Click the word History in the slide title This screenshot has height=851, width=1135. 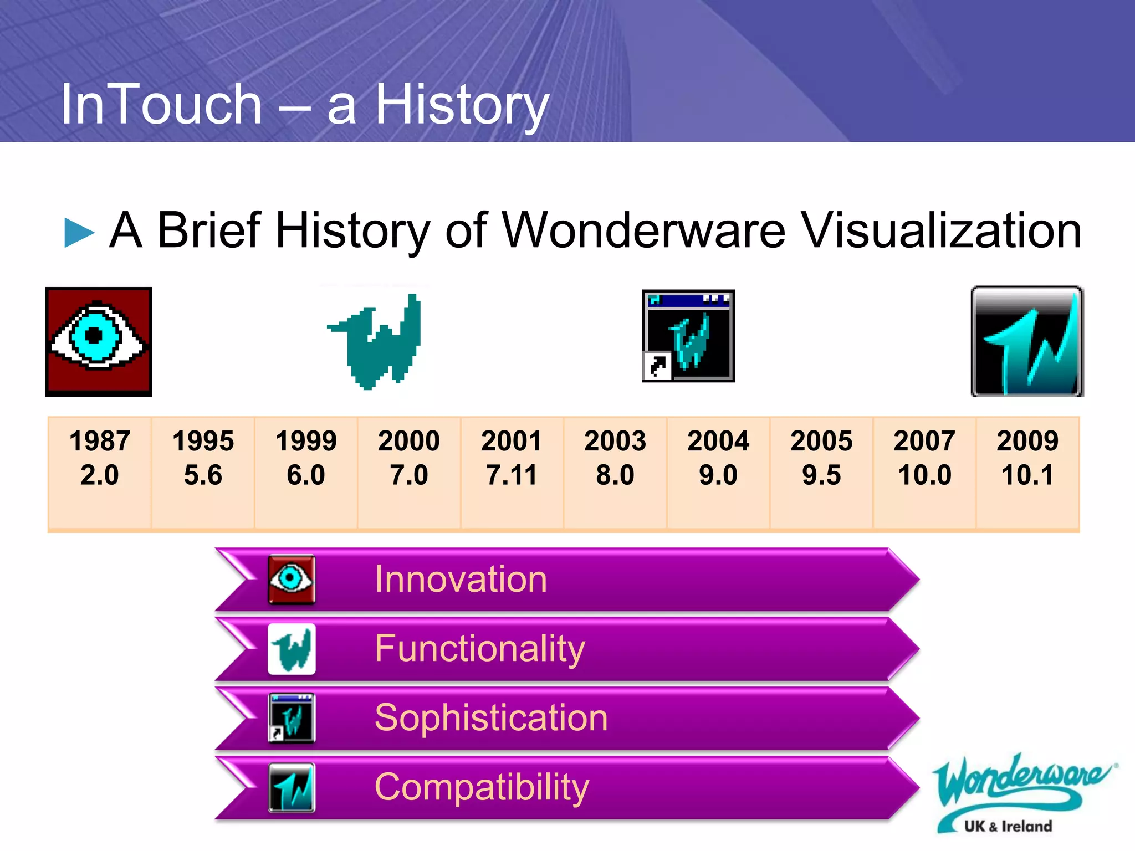pyautogui.click(x=462, y=105)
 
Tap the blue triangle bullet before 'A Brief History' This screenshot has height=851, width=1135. pyautogui.click(x=79, y=232)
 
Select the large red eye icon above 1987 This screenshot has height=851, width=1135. pyautogui.click(x=99, y=341)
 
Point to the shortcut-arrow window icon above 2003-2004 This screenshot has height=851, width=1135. pyautogui.click(x=688, y=336)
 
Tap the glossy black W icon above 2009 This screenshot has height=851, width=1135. pyautogui.click(x=1027, y=341)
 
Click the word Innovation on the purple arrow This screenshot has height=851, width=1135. pyautogui.click(x=461, y=579)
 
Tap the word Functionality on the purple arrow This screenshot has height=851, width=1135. pyautogui.click(x=479, y=648)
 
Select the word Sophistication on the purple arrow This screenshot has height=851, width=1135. pyautogui.click(x=491, y=717)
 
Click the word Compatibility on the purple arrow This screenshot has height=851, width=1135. pyautogui.click(x=482, y=787)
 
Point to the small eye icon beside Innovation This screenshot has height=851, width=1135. pyautogui.click(x=292, y=580)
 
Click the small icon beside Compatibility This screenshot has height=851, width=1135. pyautogui.click(x=292, y=787)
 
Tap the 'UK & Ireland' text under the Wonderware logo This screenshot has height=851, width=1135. pyautogui.click(x=1008, y=826)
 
